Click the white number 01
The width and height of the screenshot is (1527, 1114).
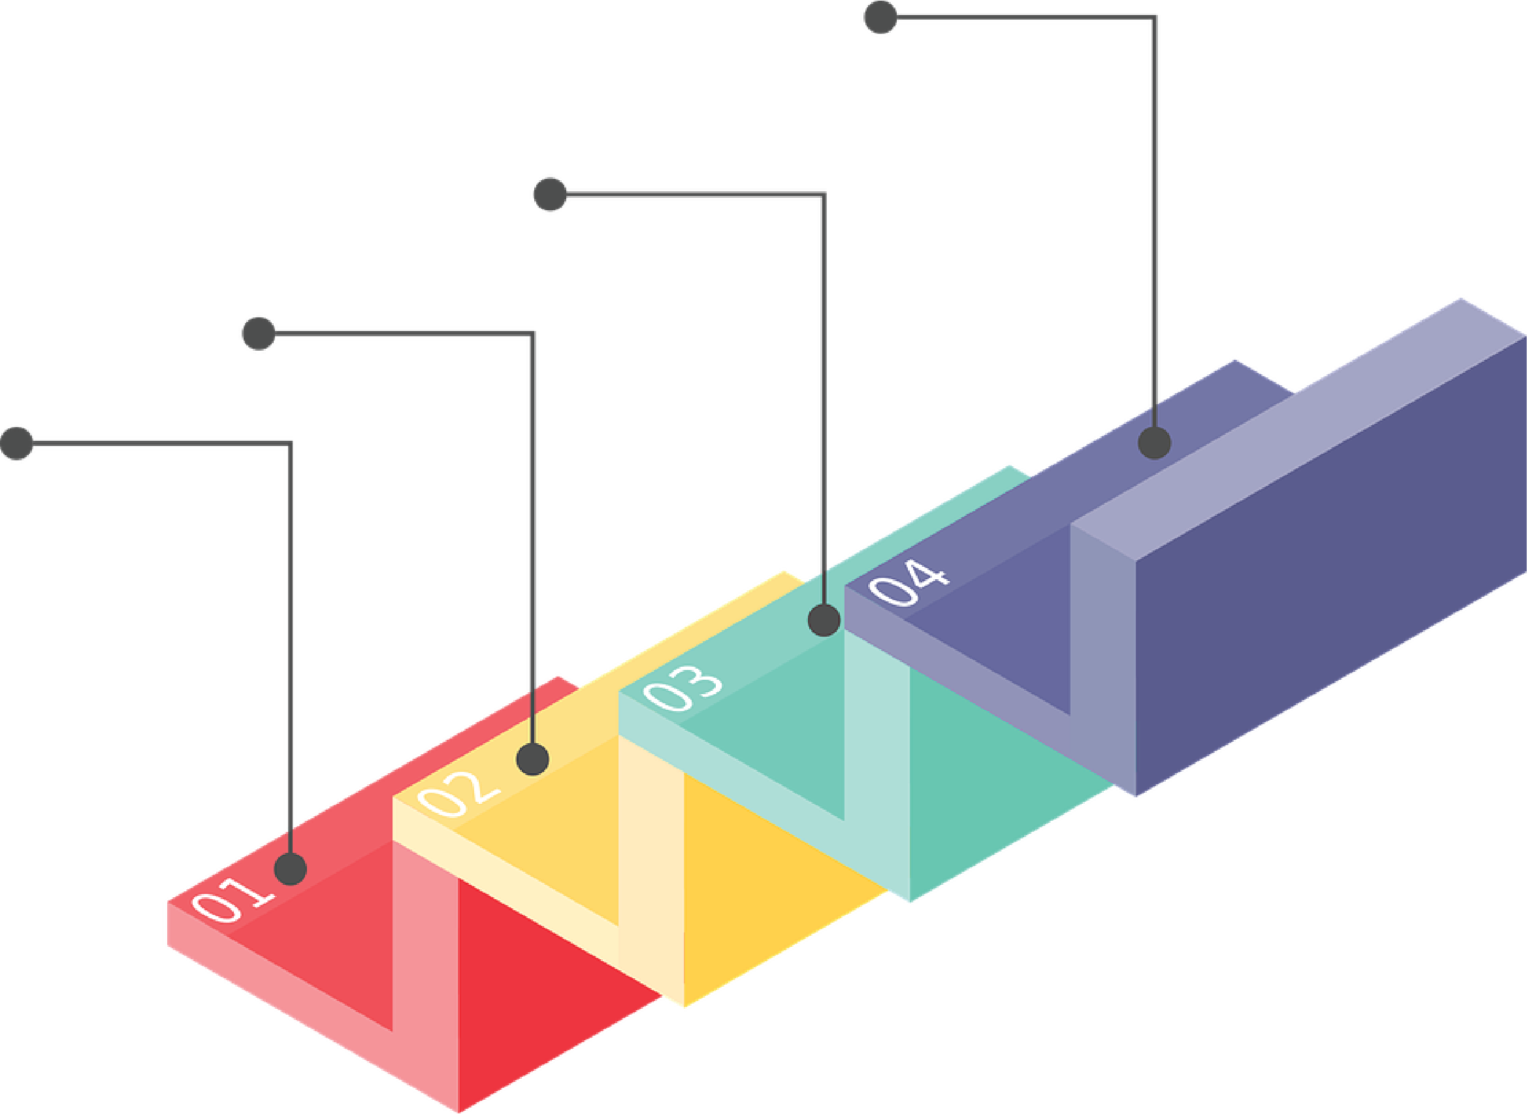tap(233, 899)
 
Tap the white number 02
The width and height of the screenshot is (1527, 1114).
tap(458, 793)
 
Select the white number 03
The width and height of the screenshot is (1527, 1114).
tap(682, 688)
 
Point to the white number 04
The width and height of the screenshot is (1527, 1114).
tap(908, 582)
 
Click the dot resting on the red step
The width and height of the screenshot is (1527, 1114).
tap(291, 868)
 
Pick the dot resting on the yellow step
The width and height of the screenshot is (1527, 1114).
tap(532, 759)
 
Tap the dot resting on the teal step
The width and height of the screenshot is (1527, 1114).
tap(824, 620)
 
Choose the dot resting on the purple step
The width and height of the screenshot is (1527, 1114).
tap(1154, 443)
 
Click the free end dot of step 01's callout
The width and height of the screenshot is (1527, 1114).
tap(17, 443)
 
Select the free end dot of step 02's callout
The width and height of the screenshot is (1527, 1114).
tap(259, 333)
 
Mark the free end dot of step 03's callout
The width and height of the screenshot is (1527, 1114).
tap(550, 194)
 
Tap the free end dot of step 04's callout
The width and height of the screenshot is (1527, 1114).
tap(880, 17)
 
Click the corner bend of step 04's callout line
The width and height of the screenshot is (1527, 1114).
tap(1154, 18)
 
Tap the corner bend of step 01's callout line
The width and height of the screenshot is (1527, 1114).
tap(291, 443)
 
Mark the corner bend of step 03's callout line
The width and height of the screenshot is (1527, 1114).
tap(824, 195)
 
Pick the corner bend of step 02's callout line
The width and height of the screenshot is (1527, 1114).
tap(533, 333)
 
